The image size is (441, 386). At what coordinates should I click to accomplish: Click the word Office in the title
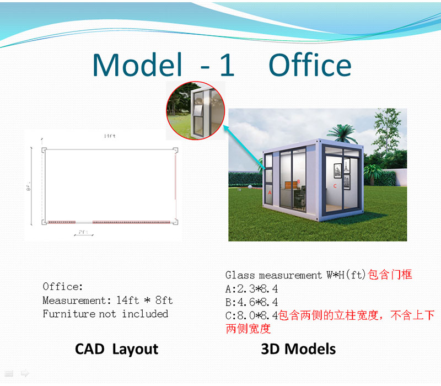click(310, 65)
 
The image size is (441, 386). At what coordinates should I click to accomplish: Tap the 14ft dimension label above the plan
click(109, 136)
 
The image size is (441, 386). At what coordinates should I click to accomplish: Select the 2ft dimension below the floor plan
click(83, 232)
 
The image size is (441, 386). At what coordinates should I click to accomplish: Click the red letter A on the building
click(270, 193)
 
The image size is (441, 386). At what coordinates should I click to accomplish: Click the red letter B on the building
click(298, 181)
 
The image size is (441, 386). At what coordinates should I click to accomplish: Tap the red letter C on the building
click(335, 186)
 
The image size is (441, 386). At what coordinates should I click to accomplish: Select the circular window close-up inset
click(196, 111)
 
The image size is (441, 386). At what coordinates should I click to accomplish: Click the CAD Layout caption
click(116, 349)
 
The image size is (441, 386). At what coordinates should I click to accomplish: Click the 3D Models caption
click(298, 349)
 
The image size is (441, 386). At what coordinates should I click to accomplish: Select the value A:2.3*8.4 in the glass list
click(251, 288)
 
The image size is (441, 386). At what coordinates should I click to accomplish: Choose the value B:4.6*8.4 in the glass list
click(251, 302)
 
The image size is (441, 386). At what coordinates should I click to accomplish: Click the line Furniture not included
click(105, 314)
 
